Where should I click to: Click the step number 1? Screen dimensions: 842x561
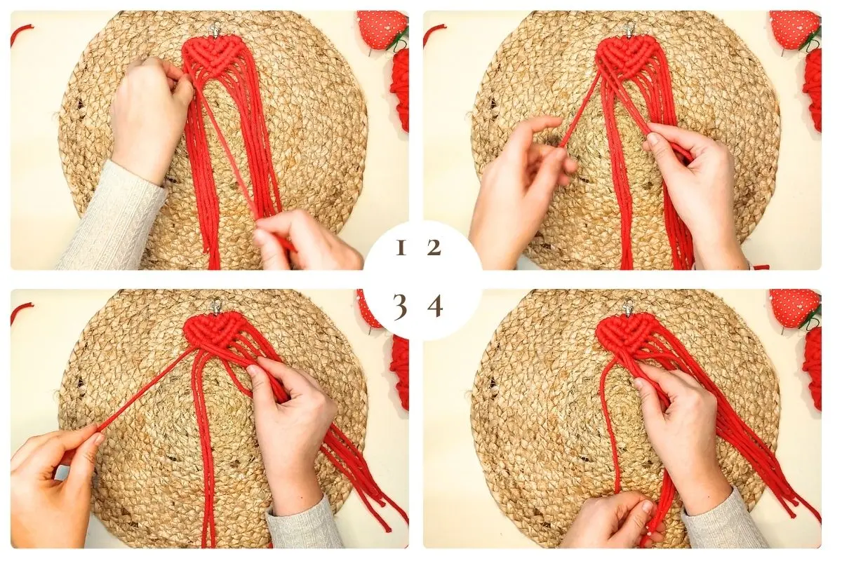pos(401,248)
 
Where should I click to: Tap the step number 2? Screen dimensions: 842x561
pos(434,248)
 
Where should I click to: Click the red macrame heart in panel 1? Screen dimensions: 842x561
pos(210,55)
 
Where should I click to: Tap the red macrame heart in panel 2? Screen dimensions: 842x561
pos(624,55)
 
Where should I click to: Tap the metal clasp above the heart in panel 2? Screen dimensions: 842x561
pos(629,29)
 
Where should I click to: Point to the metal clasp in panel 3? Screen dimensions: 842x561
pos(216,305)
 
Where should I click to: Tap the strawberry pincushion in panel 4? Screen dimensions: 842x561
pos(794,307)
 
